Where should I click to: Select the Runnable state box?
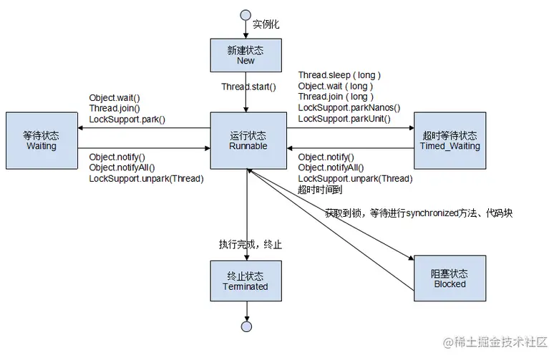(248, 140)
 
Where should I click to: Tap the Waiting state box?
(41, 140)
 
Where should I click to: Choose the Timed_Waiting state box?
(449, 140)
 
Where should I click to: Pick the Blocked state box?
(448, 278)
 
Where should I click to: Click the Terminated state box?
(246, 281)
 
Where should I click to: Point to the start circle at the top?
(246, 14)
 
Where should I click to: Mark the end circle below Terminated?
(246, 326)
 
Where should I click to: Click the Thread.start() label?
(248, 86)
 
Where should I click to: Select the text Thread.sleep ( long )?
(339, 75)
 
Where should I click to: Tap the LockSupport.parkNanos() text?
(349, 107)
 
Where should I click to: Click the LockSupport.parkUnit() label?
(344, 118)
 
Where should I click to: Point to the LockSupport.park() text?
(127, 118)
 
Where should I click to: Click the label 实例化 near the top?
(266, 24)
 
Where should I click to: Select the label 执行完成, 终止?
(251, 244)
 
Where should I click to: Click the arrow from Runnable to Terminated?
(246, 215)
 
